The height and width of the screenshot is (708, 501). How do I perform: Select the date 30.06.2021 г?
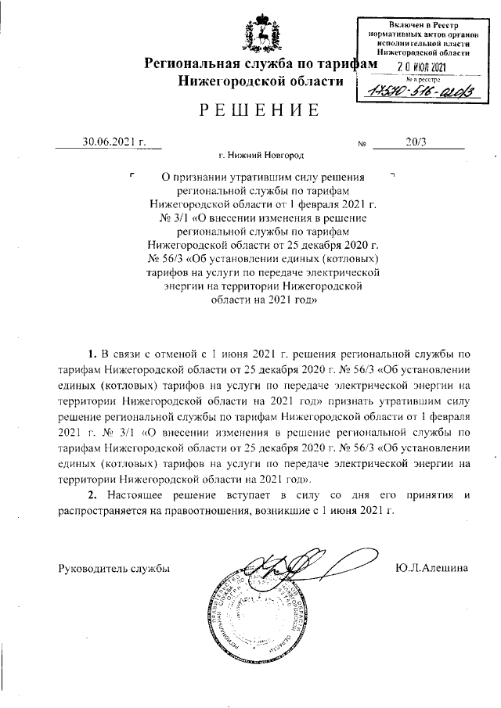pyautogui.click(x=115, y=142)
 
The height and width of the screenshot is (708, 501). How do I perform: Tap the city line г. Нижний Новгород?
pyautogui.click(x=261, y=157)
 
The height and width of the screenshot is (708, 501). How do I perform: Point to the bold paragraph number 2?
pyautogui.click(x=92, y=495)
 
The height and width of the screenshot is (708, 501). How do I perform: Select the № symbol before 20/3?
pyautogui.click(x=362, y=145)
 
